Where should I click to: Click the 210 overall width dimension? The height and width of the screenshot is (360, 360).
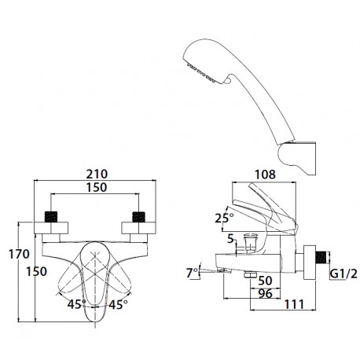97,174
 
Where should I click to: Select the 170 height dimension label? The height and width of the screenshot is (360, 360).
19,254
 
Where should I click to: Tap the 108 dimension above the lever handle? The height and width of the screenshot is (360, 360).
265,174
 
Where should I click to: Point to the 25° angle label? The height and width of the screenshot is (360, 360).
224,218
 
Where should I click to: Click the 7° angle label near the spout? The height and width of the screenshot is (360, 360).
193,273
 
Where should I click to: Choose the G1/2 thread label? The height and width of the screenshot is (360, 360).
343,274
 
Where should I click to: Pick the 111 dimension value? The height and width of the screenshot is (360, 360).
294,304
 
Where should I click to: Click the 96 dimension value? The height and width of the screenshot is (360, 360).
265,293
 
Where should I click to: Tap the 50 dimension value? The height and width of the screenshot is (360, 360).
265,281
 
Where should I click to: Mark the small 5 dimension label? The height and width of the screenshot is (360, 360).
230,239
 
